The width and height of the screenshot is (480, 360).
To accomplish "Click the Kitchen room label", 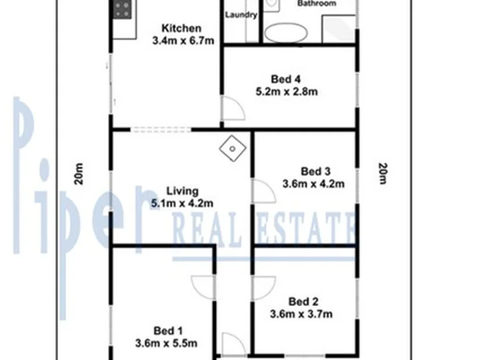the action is pos(181,28).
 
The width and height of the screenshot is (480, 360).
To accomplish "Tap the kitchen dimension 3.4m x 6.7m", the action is pos(183,41).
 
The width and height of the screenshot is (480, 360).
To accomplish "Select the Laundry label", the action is pos(241,15).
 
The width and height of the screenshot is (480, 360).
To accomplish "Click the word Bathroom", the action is pos(317,3).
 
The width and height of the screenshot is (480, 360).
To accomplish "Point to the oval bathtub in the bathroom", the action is pos(285,33).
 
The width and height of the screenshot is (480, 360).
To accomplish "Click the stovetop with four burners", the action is pos(122,9).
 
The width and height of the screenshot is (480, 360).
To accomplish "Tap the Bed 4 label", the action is pos(286,79).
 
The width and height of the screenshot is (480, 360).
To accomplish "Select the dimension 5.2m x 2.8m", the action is pos(287,91).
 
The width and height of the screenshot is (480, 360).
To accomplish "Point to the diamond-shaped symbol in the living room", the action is pos(233,149).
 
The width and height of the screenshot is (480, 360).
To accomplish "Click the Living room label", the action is pos(183,191).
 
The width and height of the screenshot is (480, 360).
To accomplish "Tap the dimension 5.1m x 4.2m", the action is pos(182,203).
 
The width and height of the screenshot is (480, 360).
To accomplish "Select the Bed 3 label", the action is pos(315,171).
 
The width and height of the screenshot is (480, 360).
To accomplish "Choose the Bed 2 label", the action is pos(303,301).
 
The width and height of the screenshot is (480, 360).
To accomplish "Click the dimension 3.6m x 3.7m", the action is pos(301,314).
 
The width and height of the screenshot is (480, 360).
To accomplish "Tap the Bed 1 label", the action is pos(168,331).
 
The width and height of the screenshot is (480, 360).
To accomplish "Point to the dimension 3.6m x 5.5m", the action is pos(166,343).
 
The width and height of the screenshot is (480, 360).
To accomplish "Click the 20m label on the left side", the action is pos(79,173).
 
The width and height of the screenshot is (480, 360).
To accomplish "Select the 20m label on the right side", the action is pos(383,173).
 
